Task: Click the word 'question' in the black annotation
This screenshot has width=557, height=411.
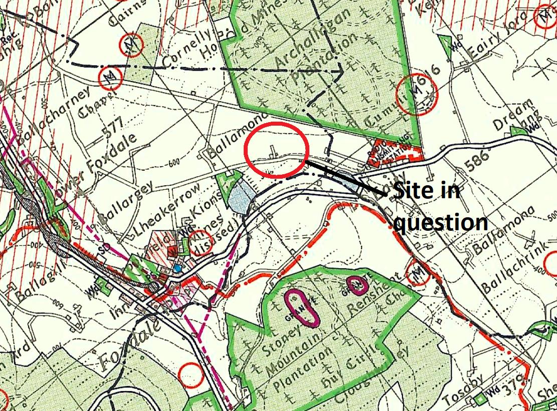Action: pyautogui.click(x=440, y=221)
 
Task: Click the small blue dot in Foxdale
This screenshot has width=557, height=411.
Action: pyautogui.click(x=178, y=269)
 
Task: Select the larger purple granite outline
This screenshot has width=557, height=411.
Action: pyautogui.click(x=301, y=307)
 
